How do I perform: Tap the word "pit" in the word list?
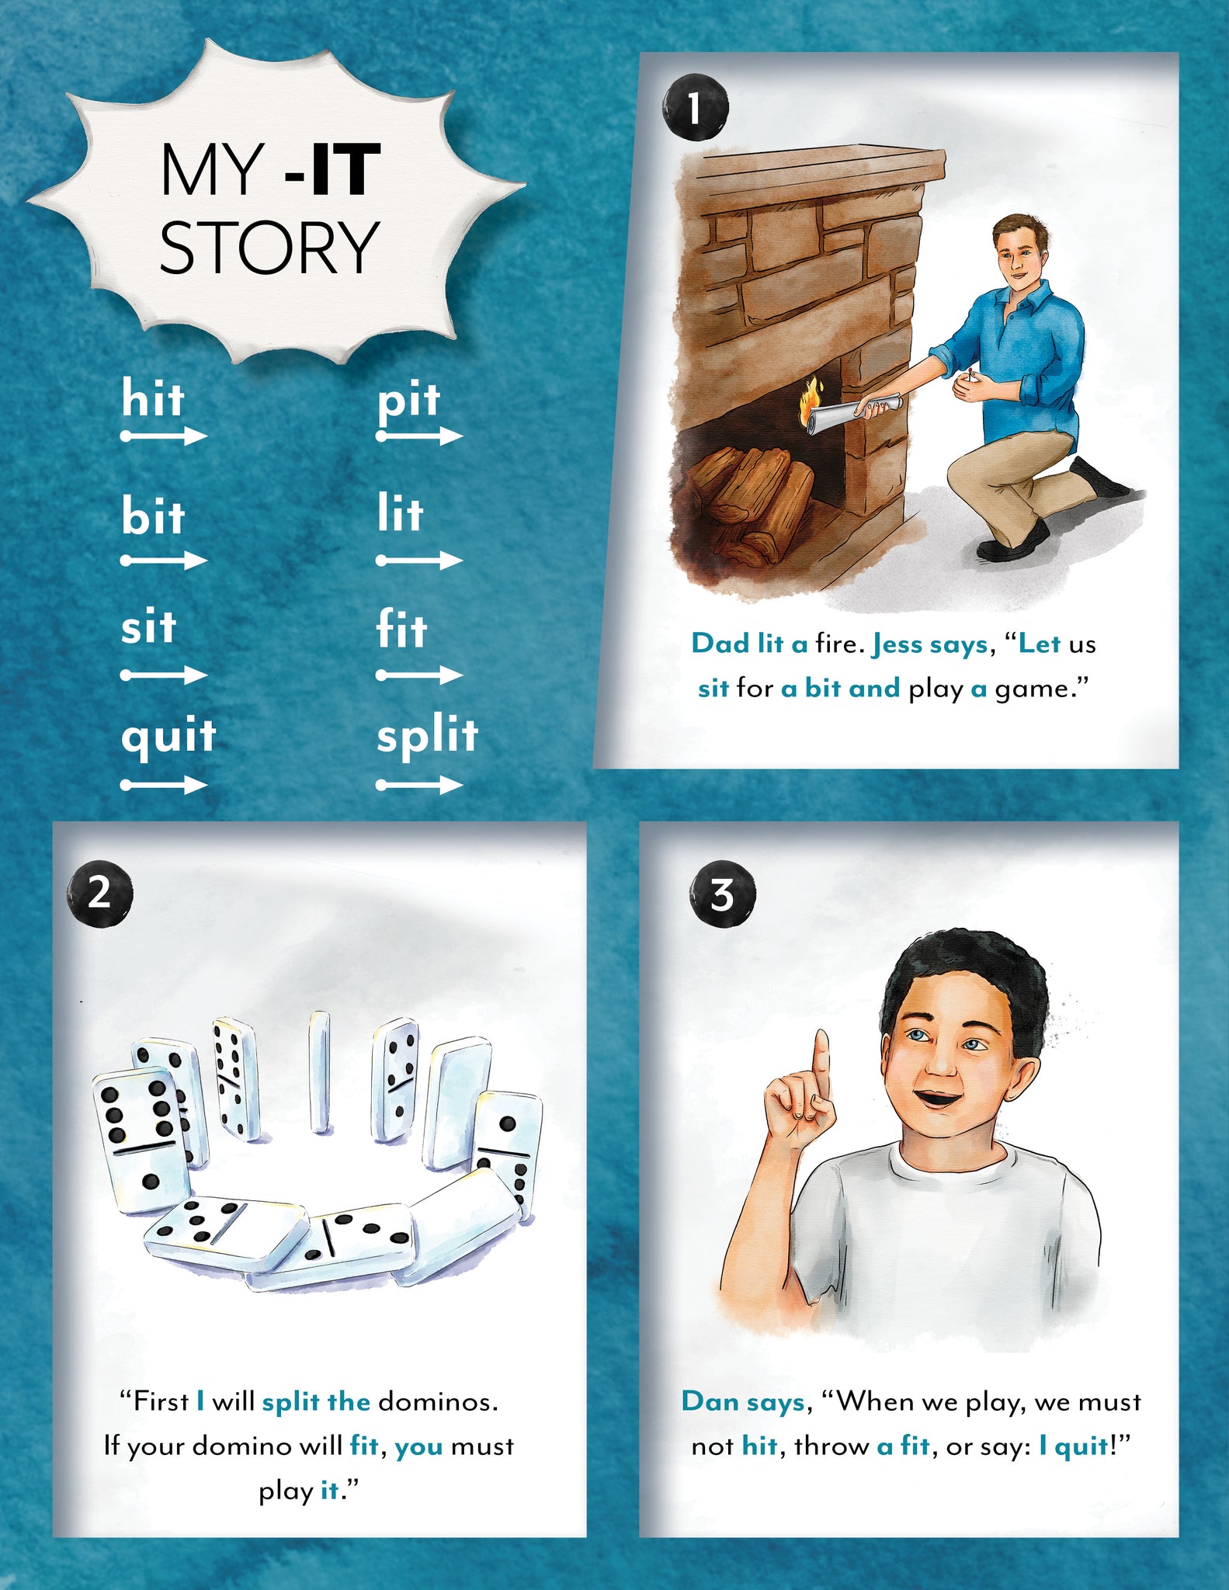408,401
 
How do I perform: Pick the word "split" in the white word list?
427,736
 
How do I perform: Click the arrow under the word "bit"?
164,561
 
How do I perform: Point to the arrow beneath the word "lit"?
419,561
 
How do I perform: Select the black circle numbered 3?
722,894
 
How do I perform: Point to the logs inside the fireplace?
749,497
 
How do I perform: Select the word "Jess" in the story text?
897,644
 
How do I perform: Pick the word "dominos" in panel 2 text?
437,1401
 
